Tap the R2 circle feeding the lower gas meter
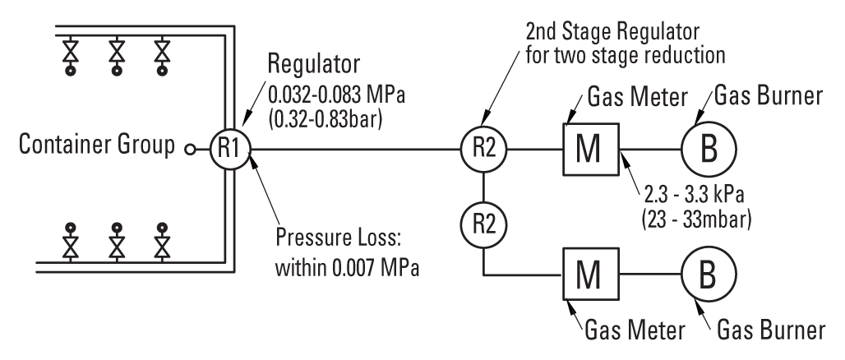485,219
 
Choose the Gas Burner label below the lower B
769,331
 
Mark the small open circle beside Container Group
190,150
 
